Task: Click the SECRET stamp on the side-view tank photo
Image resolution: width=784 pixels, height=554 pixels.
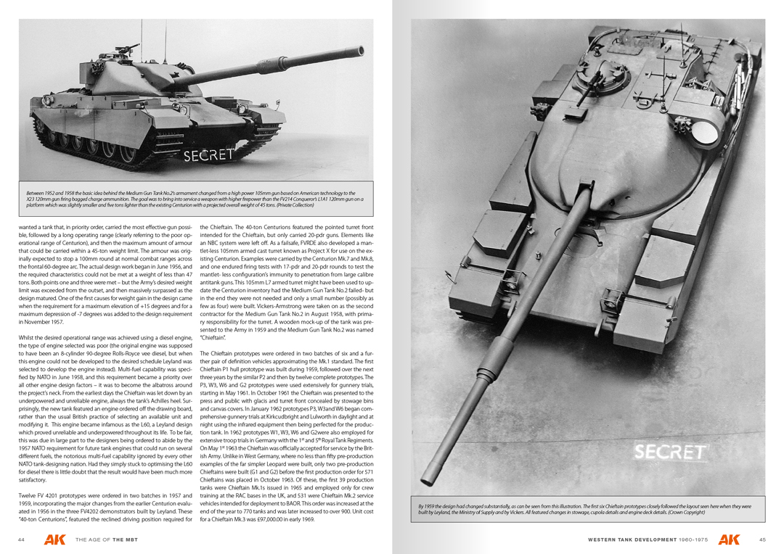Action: [208, 154]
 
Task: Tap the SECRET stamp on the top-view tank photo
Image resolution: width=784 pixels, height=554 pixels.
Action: [669, 452]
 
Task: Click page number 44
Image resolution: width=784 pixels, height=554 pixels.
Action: [22, 539]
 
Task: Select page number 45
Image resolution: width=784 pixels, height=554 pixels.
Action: [762, 539]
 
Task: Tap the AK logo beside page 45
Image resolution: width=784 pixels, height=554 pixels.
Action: [730, 539]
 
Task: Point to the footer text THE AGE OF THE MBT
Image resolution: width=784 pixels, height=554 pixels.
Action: [107, 539]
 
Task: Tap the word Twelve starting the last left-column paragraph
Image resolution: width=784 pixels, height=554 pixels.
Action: [28, 495]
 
